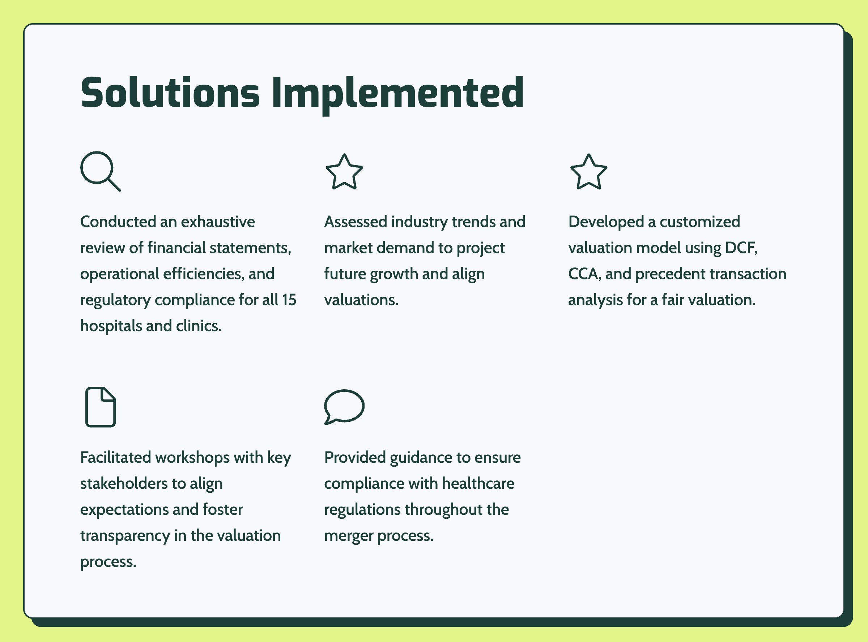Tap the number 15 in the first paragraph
[x=289, y=300]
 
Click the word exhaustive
[x=218, y=222]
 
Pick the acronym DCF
[x=741, y=248]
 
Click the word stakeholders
[x=124, y=483]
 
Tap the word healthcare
[x=478, y=483]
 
